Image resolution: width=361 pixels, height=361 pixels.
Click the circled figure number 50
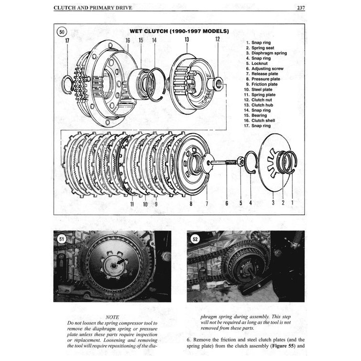coord(62,33)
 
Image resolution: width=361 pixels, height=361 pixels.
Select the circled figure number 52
coord(195,238)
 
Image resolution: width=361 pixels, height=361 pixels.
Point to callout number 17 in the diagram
coord(67,41)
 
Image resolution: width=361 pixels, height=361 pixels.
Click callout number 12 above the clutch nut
coord(217,39)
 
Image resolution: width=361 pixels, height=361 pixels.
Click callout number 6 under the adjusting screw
coord(227,203)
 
